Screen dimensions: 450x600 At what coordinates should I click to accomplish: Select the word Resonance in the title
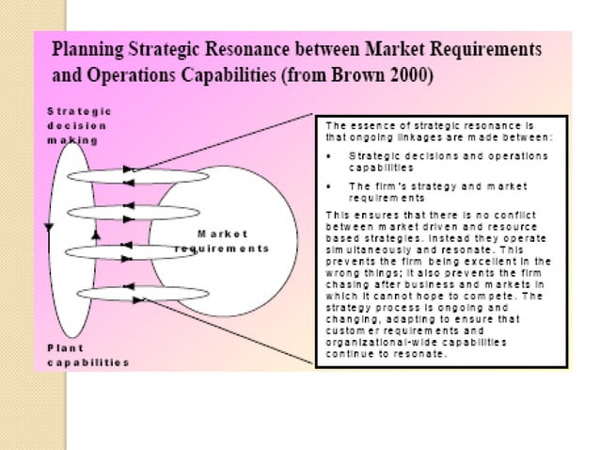(x=253, y=46)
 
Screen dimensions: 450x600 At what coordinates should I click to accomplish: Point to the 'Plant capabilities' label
(x=87, y=355)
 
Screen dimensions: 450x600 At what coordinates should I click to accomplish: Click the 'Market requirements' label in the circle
(x=222, y=241)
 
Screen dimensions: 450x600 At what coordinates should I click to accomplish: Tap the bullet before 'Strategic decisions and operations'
(x=327, y=154)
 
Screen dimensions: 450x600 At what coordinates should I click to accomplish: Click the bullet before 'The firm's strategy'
(x=327, y=185)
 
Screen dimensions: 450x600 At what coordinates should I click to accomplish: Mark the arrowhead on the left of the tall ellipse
(x=46, y=226)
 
